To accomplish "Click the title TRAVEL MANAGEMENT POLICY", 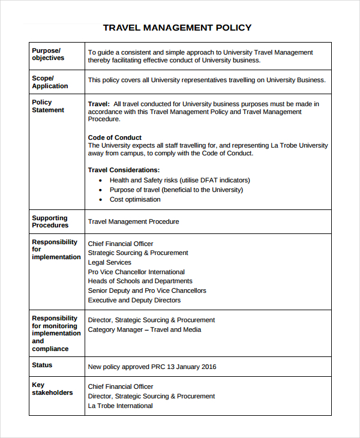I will [x=177, y=28].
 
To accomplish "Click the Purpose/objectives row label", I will [x=48, y=54].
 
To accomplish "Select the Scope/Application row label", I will [x=50, y=82].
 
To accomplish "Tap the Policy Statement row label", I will [x=48, y=106].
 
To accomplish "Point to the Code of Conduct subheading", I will [x=115, y=137].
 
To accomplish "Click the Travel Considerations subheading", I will [x=124, y=170].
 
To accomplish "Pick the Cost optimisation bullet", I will [x=135, y=199].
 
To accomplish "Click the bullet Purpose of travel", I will [x=176, y=190].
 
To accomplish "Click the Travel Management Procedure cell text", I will [x=133, y=221].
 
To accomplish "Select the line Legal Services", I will [x=109, y=262].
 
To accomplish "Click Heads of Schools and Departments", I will [x=140, y=281].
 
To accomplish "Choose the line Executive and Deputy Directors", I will [x=134, y=300].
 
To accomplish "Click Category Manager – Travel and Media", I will [x=144, y=329].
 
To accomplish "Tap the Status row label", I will [x=42, y=365].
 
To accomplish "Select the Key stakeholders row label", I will [x=52, y=389].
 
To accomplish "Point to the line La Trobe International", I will [x=120, y=406].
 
